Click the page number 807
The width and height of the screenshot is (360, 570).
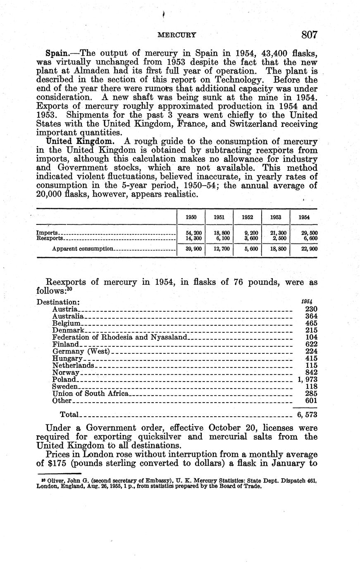click(309, 35)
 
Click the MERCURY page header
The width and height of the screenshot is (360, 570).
click(177, 35)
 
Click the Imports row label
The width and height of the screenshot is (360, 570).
click(46, 233)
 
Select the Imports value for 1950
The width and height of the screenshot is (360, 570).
click(191, 233)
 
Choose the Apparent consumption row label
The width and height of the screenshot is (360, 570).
click(82, 249)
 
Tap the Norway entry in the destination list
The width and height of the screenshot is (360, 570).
click(65, 373)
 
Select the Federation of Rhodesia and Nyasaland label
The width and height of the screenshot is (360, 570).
click(120, 337)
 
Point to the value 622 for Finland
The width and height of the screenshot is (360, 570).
click(311, 344)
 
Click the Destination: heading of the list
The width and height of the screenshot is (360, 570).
click(58, 302)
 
